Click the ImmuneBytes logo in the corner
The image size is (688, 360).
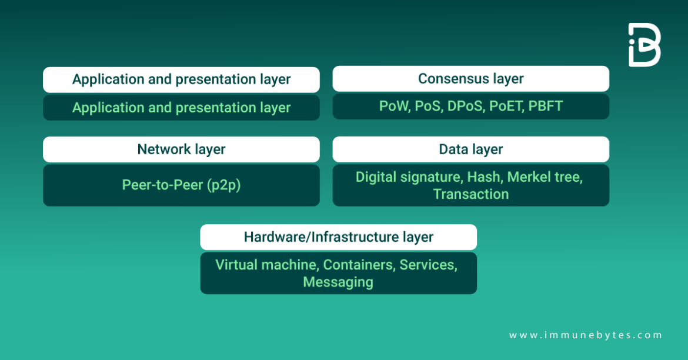(x=644, y=45)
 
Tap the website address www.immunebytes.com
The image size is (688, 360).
(x=585, y=335)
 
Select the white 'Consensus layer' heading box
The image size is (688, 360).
(x=470, y=79)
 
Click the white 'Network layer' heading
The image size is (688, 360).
(x=181, y=149)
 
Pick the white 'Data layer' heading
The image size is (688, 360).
(x=470, y=149)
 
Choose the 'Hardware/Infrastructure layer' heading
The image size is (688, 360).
(x=338, y=237)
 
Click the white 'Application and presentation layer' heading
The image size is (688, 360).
(x=181, y=79)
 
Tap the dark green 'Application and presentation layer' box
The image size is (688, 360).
(x=181, y=108)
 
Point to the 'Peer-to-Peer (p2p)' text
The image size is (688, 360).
(x=181, y=185)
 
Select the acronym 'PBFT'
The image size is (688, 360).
(x=545, y=106)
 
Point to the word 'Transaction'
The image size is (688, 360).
(x=470, y=194)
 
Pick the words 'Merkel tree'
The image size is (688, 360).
(x=545, y=177)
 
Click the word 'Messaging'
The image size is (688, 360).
(x=338, y=282)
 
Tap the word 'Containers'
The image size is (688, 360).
(x=359, y=265)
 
